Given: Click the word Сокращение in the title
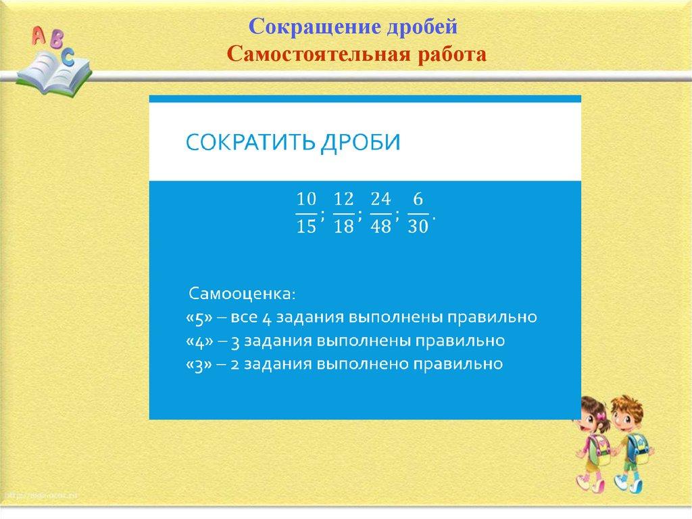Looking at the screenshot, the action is (x=315, y=27).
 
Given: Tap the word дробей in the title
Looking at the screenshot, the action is (x=422, y=27).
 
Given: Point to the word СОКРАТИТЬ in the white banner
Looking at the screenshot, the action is (x=251, y=142).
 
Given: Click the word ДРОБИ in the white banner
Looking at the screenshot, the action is (x=361, y=142).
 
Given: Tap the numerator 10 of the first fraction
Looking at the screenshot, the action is (x=306, y=200).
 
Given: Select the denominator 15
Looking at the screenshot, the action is (x=306, y=227).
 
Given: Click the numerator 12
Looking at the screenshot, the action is (x=344, y=200).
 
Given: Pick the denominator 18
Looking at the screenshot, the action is (x=344, y=227).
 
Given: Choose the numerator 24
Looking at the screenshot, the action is (x=381, y=200).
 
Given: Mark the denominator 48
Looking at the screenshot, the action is (x=381, y=227).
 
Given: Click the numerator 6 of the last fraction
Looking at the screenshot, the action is (x=418, y=200).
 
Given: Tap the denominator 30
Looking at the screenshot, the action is (x=418, y=227).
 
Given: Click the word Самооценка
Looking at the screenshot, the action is (x=242, y=294).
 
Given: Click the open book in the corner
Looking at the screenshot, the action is (x=53, y=73).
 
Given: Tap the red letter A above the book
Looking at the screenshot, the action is (x=39, y=35).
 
